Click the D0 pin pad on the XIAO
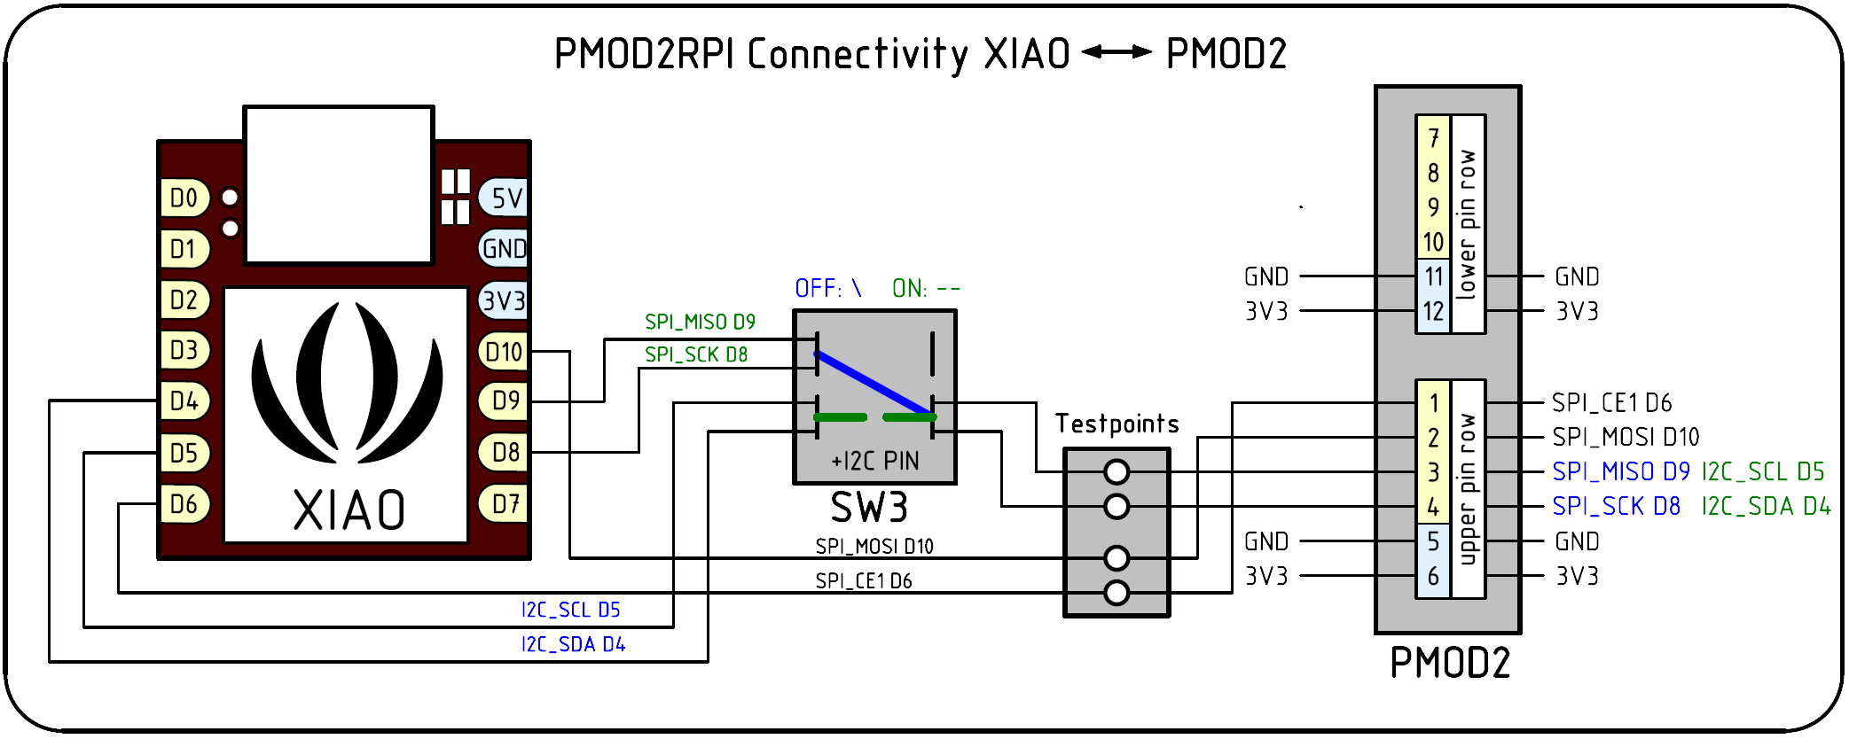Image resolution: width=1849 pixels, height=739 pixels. (184, 198)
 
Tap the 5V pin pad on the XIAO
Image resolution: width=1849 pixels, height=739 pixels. (505, 198)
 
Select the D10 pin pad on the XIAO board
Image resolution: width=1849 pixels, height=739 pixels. (504, 352)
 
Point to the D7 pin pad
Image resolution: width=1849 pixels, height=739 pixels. (505, 504)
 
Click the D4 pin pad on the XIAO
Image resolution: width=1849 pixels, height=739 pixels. (184, 401)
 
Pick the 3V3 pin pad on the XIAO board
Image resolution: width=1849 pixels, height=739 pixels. (504, 300)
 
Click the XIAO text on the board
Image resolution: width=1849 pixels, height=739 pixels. (349, 510)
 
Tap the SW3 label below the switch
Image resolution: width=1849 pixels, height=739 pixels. (869, 508)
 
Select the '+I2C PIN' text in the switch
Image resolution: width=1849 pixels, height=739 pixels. (874, 461)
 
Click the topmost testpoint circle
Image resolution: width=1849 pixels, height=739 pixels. (1116, 472)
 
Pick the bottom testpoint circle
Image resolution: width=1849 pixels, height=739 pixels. (1116, 592)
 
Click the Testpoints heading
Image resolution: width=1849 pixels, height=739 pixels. (1116, 424)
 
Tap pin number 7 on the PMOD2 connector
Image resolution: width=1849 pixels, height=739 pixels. (1433, 137)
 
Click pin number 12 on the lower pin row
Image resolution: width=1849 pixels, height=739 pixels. (1433, 312)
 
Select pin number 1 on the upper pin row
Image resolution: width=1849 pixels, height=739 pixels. (1433, 403)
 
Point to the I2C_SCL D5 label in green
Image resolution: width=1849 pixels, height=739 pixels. (1762, 471)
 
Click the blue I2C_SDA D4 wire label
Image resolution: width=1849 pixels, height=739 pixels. (573, 644)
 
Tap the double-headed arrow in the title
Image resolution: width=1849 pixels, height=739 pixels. (1116, 52)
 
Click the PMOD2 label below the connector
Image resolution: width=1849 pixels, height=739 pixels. (1449, 663)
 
